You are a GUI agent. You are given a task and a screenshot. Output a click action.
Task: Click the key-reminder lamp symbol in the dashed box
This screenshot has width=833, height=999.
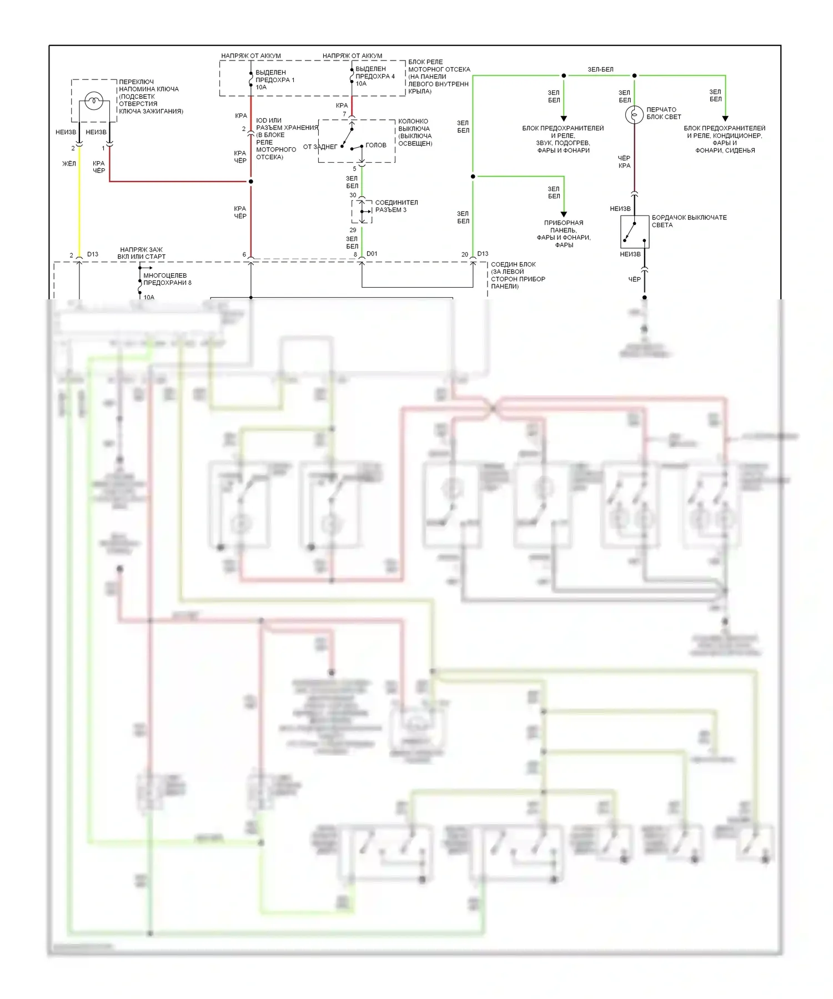[94, 101]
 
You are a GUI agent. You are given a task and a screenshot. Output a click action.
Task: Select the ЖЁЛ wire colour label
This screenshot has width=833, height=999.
[69, 164]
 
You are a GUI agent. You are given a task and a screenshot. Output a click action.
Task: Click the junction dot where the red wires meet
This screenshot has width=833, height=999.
[251, 182]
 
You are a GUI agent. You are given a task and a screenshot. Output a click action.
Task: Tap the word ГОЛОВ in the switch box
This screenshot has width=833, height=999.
[376, 145]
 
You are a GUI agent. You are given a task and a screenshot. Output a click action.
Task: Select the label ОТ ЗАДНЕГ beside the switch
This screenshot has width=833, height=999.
[320, 147]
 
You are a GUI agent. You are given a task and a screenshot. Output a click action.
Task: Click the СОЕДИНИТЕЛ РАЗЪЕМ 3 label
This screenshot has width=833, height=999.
[396, 206]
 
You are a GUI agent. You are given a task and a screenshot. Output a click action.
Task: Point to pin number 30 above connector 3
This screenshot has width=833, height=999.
[353, 195]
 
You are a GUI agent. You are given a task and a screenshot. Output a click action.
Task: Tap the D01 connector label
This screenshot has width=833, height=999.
[372, 254]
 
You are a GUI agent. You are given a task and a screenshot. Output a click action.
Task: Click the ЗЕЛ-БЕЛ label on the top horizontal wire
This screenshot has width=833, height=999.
[600, 69]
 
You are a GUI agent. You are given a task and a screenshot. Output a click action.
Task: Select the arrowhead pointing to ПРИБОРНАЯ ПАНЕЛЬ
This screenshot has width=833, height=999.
[564, 214]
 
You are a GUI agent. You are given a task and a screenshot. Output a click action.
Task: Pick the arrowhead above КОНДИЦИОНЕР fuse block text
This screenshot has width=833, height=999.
[725, 119]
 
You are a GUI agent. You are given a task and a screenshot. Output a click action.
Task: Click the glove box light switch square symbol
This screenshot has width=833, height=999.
[634, 231]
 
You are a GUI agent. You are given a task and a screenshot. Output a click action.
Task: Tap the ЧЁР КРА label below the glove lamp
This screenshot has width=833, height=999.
[624, 162]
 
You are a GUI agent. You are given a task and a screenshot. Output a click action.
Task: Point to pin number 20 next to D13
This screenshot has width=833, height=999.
[465, 254]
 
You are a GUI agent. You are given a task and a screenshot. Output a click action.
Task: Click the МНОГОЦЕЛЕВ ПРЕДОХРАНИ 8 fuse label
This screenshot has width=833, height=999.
[167, 279]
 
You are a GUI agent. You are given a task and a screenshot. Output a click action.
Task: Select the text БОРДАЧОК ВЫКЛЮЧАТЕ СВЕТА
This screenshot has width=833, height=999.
[689, 221]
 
